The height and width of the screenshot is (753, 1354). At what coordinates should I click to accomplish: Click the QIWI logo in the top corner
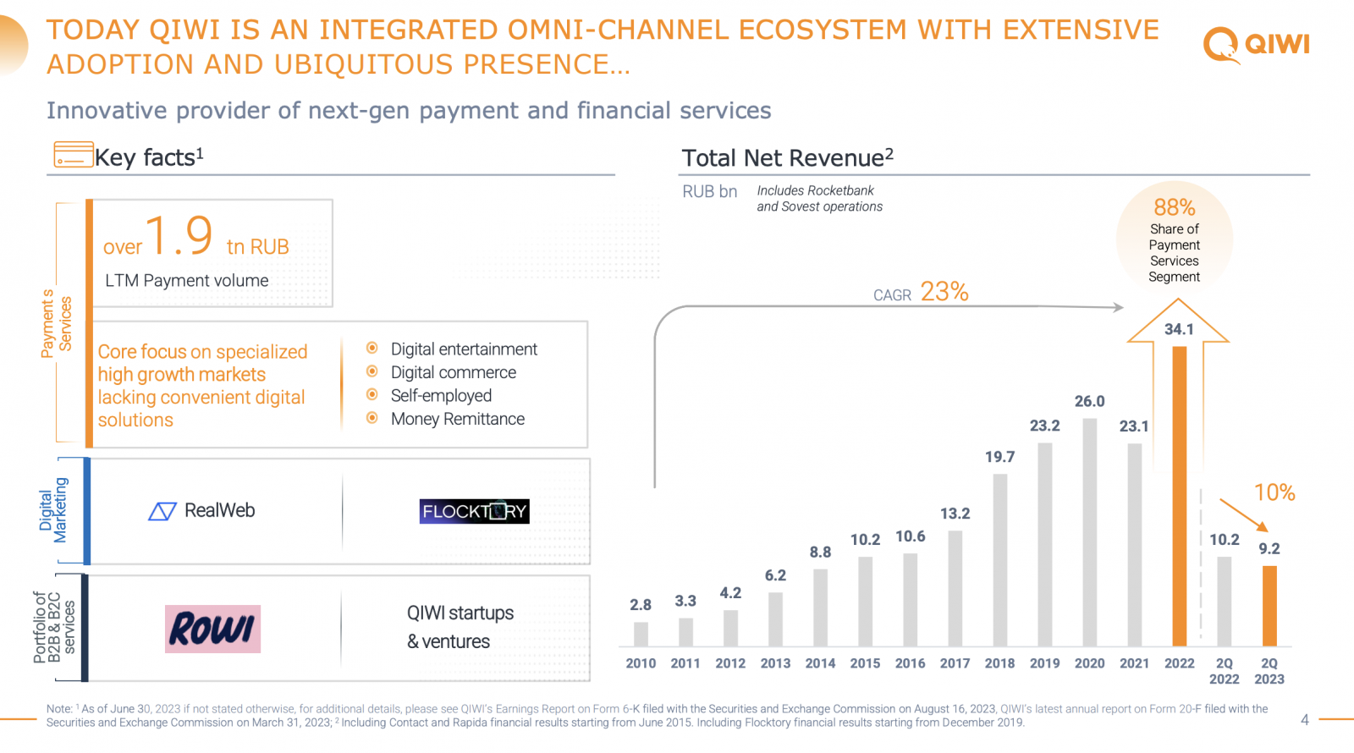point(1256,44)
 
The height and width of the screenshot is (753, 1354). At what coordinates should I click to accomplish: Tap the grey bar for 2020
point(1089,532)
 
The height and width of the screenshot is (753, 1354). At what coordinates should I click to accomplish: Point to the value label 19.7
point(999,457)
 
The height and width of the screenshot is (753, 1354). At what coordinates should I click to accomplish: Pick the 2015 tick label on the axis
point(865,663)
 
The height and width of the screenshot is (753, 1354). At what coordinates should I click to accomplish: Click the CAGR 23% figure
point(944,292)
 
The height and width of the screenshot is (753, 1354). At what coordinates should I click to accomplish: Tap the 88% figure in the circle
point(1174,207)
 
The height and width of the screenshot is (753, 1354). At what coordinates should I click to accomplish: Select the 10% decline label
point(1274,492)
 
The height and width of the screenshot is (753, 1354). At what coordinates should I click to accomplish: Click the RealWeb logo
point(202,511)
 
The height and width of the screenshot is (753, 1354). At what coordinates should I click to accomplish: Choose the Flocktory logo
point(474,511)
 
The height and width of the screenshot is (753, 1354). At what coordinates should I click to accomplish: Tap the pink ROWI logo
point(212,629)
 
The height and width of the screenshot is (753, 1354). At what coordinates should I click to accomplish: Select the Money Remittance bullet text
point(457,419)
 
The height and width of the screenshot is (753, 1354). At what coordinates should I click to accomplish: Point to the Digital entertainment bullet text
point(464,349)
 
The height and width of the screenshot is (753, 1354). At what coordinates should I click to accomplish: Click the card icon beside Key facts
point(74,155)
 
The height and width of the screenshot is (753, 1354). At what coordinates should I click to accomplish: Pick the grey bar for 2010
point(641,634)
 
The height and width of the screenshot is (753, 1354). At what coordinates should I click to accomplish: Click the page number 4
point(1304,720)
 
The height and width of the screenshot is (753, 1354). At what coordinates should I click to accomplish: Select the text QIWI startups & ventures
point(460,627)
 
